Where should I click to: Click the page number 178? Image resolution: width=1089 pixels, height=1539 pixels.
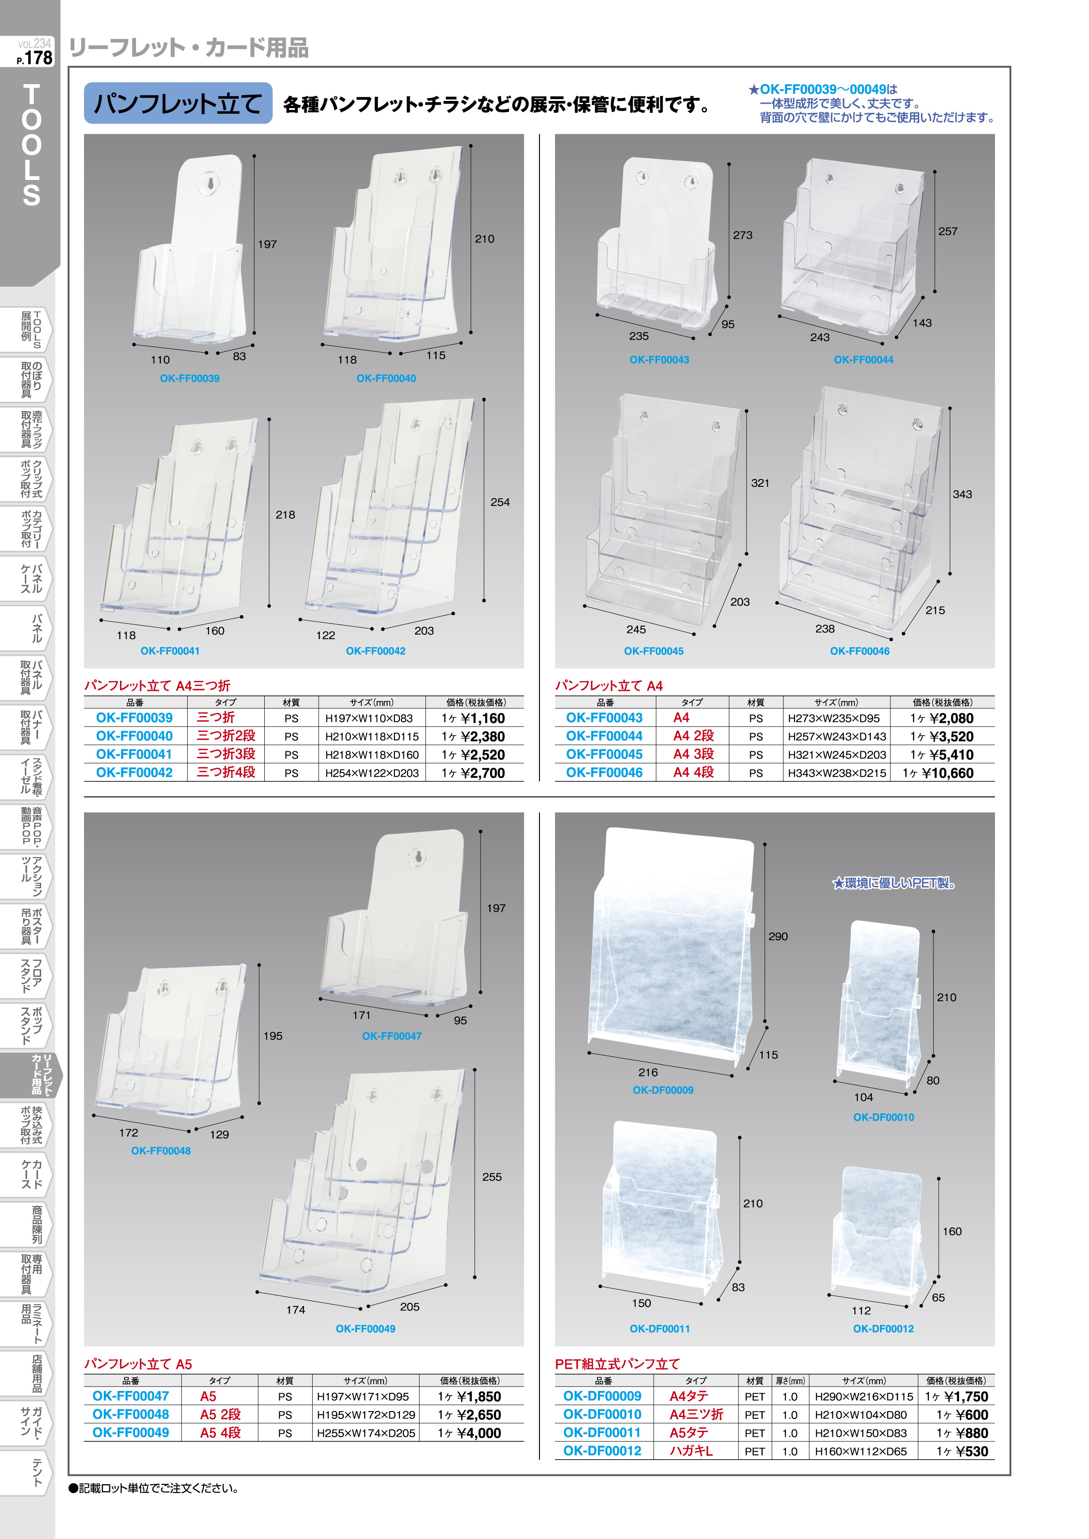point(38,58)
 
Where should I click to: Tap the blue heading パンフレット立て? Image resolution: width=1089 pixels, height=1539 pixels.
point(178,103)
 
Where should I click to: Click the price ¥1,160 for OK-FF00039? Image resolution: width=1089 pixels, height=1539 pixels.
point(483,718)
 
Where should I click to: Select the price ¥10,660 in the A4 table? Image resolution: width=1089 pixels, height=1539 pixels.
point(948,773)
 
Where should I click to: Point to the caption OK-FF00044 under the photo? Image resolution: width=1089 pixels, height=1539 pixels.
point(864,359)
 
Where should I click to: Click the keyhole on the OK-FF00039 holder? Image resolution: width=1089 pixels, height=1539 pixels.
point(210,183)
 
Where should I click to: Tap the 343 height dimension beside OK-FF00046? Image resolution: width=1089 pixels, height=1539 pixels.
point(962,494)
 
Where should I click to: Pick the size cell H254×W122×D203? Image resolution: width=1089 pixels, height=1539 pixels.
point(372,773)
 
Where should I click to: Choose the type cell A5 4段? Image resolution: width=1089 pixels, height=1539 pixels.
point(220,1432)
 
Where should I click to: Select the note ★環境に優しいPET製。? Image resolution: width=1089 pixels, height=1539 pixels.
point(894,883)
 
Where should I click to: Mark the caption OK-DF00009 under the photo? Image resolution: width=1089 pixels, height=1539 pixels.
point(663,1090)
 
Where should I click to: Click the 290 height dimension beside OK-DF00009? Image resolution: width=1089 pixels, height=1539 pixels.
point(778,936)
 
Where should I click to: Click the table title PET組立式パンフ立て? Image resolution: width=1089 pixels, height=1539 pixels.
point(617,1363)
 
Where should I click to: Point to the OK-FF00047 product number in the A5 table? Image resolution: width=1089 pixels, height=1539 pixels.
point(131,1396)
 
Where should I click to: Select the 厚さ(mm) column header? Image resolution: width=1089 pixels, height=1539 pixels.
point(790,1381)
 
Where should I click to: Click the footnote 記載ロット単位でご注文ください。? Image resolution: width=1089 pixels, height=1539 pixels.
point(154,1488)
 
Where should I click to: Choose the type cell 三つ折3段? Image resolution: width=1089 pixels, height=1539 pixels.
point(226,754)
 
